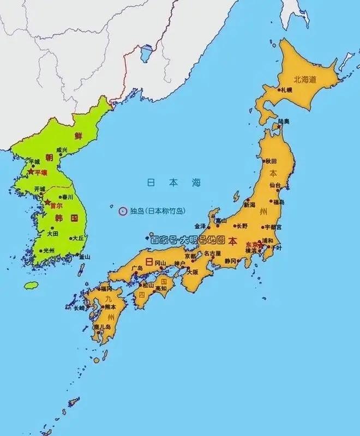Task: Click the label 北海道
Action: pos(305,80)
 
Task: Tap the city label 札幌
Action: pos(286,89)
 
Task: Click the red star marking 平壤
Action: pos(30,172)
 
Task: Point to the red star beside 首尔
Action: pos(47,202)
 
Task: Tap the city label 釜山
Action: pos(84,256)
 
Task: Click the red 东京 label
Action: pos(251,244)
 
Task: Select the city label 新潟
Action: pos(249,205)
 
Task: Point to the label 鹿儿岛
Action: pos(102,327)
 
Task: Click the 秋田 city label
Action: pos(271,161)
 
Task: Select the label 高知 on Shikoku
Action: pos(160,288)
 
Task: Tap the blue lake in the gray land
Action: pos(146,53)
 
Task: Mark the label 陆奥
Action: pos(284,121)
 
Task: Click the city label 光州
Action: pos(49,250)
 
